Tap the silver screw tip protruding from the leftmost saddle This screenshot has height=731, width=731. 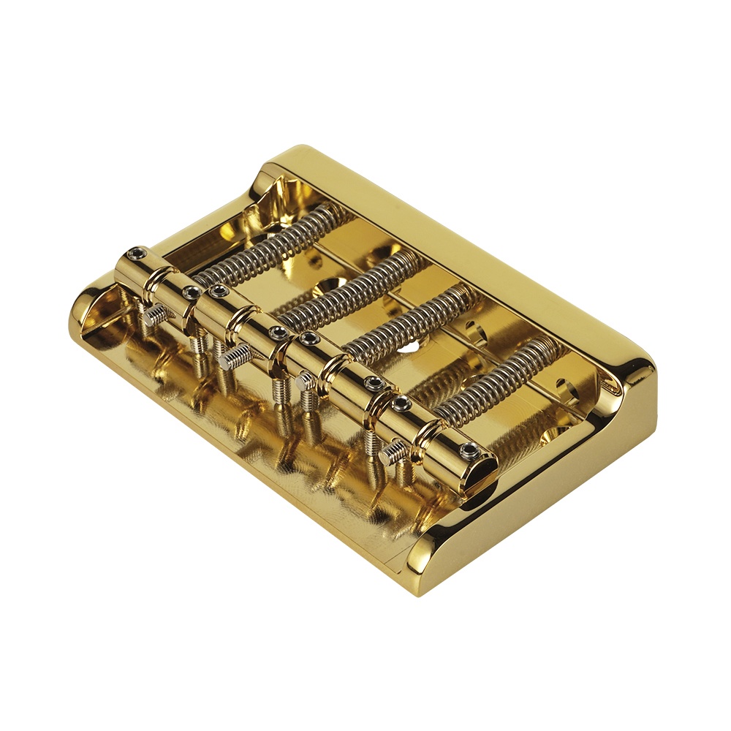pos(154,315)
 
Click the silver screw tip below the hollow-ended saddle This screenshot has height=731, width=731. pos(392,454)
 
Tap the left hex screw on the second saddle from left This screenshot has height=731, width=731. pos(216,291)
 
